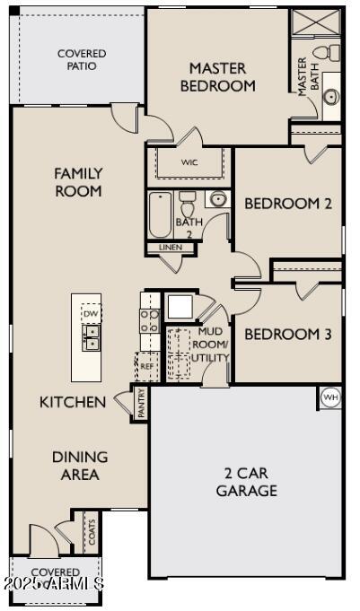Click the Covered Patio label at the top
pyautogui.click(x=82, y=60)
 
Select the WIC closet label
pyautogui.click(x=189, y=162)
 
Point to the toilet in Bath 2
pyautogui.click(x=188, y=200)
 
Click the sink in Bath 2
pyautogui.click(x=218, y=199)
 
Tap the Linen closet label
pyautogui.click(x=170, y=247)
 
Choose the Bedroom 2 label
pyautogui.click(x=288, y=204)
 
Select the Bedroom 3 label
pyautogui.click(x=288, y=335)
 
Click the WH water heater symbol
pyautogui.click(x=329, y=397)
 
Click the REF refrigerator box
pyautogui.click(x=146, y=367)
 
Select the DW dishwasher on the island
pyautogui.click(x=90, y=314)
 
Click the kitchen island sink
pyautogui.click(x=90, y=336)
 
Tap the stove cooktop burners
pyautogui.click(x=149, y=320)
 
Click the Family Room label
pyautogui.click(x=78, y=182)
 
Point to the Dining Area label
pyautogui.click(x=80, y=466)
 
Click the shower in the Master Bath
pyautogui.click(x=317, y=22)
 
